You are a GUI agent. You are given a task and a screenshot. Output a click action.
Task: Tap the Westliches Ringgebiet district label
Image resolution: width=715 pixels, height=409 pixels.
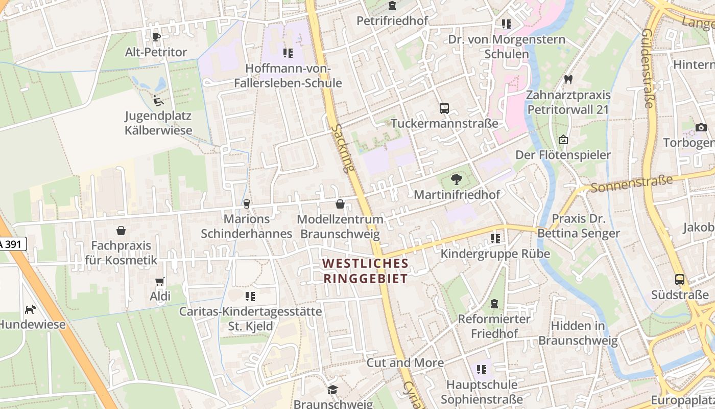(x=366, y=271)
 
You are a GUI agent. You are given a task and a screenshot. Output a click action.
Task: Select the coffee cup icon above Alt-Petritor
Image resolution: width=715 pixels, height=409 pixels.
(x=156, y=37)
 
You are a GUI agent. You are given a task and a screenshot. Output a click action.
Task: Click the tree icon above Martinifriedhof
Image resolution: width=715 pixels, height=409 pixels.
(x=457, y=179)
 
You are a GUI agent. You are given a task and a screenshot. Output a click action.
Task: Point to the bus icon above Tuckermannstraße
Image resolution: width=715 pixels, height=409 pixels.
(x=444, y=108)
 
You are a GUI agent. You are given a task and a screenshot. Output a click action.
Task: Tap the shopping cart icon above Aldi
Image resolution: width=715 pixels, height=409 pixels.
(x=160, y=281)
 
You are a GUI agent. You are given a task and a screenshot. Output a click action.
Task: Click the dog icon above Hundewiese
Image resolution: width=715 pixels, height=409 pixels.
(x=31, y=309)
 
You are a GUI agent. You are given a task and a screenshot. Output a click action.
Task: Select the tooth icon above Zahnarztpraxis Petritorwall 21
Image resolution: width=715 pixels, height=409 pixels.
(x=568, y=80)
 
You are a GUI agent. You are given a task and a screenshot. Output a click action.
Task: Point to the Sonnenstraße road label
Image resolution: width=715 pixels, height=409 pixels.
(x=632, y=184)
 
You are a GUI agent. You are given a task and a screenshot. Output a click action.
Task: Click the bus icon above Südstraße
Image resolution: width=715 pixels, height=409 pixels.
(x=680, y=280)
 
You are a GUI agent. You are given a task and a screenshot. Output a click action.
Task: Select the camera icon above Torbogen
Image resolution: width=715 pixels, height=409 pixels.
(x=701, y=127)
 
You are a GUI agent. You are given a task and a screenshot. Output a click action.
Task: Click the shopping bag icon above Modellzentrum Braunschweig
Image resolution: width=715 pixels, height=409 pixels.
(x=340, y=204)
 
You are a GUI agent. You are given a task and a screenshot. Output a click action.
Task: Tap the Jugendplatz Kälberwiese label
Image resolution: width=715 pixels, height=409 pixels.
(x=158, y=123)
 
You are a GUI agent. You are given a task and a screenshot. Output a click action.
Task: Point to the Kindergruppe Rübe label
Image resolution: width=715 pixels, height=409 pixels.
(x=495, y=254)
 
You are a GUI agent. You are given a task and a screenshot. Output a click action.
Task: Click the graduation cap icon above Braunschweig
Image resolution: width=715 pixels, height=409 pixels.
(x=333, y=390)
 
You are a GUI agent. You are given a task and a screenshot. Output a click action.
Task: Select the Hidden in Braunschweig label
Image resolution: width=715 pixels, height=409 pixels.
(x=578, y=333)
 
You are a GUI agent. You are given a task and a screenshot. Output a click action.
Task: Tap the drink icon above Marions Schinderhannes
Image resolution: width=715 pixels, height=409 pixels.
(x=247, y=204)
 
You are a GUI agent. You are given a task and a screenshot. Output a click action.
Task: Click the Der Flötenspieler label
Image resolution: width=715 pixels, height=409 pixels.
(x=563, y=155)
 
